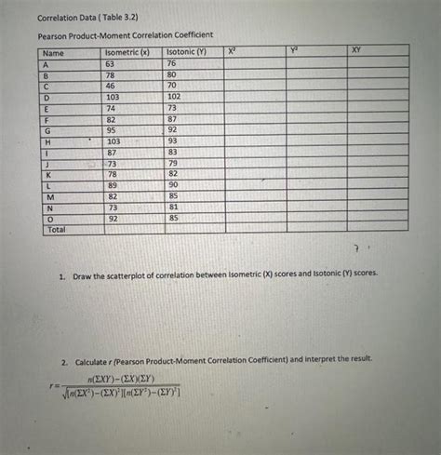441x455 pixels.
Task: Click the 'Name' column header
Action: click(x=53, y=53)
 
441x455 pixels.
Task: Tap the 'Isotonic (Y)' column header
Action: click(x=185, y=53)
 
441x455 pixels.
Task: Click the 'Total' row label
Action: click(x=56, y=228)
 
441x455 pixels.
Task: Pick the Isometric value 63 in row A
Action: click(x=112, y=63)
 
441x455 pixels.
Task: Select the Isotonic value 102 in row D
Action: click(x=174, y=96)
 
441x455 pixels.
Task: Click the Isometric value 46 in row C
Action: click(x=112, y=85)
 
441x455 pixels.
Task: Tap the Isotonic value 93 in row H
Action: click(x=173, y=141)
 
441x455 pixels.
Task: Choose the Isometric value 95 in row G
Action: click(x=112, y=129)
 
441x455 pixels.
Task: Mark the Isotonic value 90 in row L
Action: click(x=173, y=185)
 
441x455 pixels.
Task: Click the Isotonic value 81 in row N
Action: click(x=173, y=207)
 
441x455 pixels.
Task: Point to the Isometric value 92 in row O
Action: click(x=112, y=218)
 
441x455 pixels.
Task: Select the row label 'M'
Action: click(x=49, y=196)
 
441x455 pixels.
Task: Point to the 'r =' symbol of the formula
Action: click(x=58, y=383)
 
